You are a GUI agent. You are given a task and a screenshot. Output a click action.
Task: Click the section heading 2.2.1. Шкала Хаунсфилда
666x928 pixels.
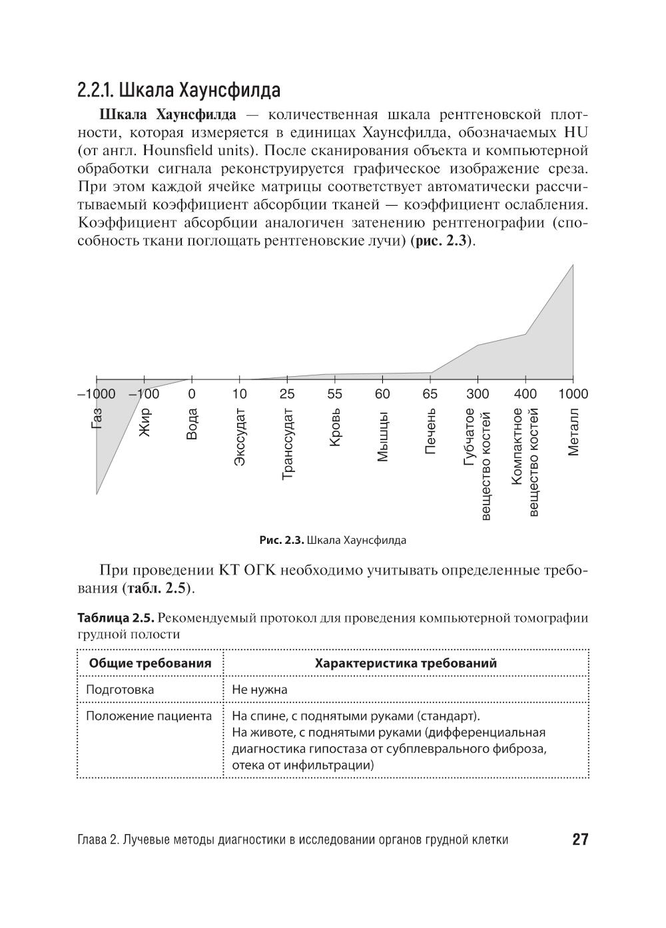click(178, 90)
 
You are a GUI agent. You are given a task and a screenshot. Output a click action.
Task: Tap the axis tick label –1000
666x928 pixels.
click(97, 394)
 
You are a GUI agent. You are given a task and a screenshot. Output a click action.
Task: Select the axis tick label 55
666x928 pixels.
click(334, 394)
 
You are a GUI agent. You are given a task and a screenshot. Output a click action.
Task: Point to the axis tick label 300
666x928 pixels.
click(478, 394)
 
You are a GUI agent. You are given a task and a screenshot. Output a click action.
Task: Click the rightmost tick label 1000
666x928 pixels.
click(573, 394)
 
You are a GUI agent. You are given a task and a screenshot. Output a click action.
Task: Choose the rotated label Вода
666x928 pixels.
click(192, 423)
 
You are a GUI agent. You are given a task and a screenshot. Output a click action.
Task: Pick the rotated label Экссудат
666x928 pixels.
click(240, 437)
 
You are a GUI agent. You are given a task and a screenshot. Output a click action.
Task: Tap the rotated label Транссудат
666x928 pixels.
click(288, 443)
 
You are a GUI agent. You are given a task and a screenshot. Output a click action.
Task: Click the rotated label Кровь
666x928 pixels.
click(335, 427)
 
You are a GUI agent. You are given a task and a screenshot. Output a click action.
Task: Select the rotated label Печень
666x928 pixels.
click(430, 431)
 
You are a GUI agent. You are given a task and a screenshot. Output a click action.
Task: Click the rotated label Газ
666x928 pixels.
click(97, 418)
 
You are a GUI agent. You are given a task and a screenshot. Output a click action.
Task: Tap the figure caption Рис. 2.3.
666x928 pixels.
click(282, 541)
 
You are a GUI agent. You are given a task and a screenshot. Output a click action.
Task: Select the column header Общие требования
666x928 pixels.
click(151, 663)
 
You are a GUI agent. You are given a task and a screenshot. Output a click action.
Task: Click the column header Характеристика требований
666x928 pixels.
click(406, 663)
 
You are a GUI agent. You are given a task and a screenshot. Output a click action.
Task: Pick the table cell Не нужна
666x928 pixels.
click(260, 690)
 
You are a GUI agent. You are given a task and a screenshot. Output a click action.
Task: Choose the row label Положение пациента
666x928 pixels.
click(149, 716)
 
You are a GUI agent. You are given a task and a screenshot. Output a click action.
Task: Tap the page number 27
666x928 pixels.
click(580, 839)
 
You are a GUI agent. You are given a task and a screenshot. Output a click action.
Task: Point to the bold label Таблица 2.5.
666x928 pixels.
click(117, 618)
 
